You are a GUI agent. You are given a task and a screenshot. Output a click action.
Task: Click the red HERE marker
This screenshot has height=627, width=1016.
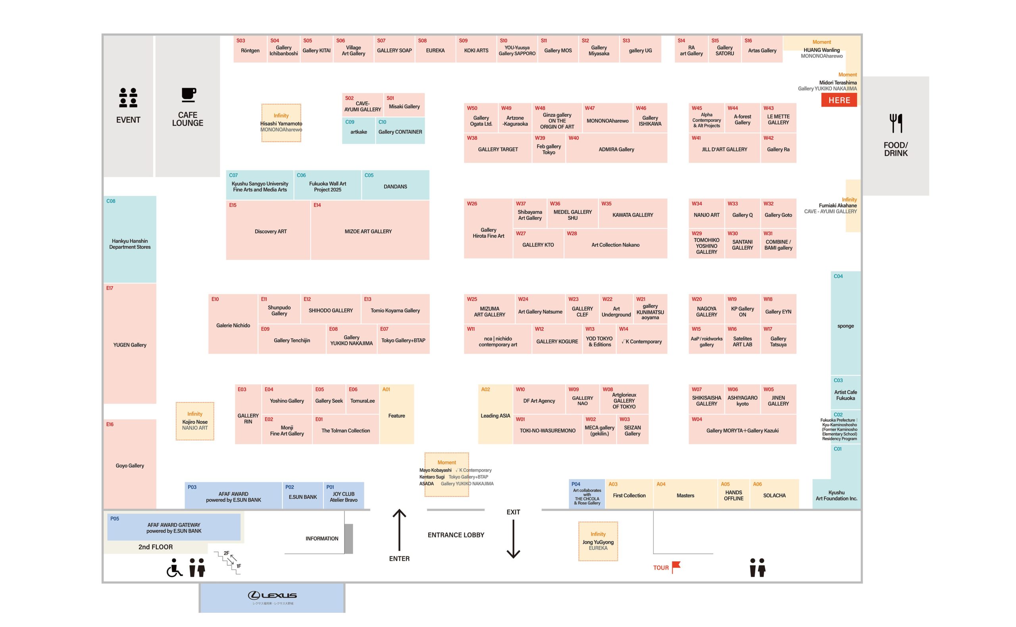pyautogui.click(x=839, y=100)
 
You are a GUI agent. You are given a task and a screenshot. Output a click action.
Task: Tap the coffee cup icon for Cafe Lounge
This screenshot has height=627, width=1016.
pyautogui.click(x=188, y=94)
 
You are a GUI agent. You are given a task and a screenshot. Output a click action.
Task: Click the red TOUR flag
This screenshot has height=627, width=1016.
pyautogui.click(x=676, y=566)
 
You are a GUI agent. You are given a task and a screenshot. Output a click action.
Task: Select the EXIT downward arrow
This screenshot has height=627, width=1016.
pyautogui.click(x=513, y=539)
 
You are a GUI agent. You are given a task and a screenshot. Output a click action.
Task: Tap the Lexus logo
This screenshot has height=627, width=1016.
pyautogui.click(x=272, y=596)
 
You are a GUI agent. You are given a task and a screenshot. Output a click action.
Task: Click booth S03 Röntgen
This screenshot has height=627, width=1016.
pyautogui.click(x=250, y=51)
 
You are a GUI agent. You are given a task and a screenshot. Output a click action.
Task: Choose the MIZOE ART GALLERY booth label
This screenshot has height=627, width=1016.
pyautogui.click(x=368, y=231)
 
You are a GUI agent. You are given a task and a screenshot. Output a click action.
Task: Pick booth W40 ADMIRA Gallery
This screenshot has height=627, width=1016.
pyautogui.click(x=616, y=149)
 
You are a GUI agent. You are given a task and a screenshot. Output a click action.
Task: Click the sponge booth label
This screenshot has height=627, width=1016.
pyautogui.click(x=845, y=326)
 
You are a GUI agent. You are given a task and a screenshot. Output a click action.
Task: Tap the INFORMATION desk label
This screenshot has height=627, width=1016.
pyautogui.click(x=321, y=538)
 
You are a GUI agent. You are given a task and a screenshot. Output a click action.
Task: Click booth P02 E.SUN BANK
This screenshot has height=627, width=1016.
pyautogui.click(x=302, y=497)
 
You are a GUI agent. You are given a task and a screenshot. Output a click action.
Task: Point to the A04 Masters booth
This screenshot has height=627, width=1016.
pyautogui.click(x=685, y=495)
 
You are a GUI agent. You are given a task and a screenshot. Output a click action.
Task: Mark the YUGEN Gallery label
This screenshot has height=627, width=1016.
pyautogui.click(x=130, y=345)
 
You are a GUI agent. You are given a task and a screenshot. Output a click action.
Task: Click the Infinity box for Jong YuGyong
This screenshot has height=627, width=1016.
pyautogui.click(x=598, y=541)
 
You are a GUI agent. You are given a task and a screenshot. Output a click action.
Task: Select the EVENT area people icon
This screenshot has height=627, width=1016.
pyautogui.click(x=128, y=98)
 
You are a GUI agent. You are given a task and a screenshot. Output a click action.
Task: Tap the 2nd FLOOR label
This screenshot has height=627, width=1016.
pyautogui.click(x=156, y=547)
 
